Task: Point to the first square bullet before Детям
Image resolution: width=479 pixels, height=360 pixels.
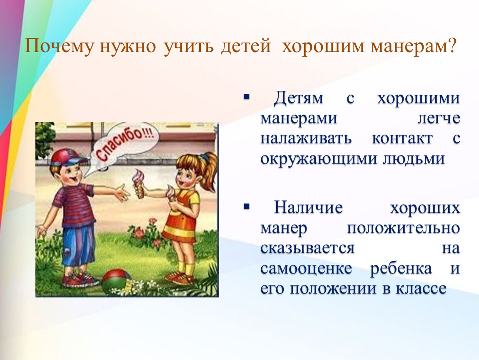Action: point(247,97)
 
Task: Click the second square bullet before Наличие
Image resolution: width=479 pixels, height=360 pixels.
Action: point(247,207)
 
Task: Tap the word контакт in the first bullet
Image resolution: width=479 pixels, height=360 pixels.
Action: point(402,138)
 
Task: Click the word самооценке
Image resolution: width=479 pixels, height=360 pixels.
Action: point(306,269)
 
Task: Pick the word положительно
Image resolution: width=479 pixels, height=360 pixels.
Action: point(403,228)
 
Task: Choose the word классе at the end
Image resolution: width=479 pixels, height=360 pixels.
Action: point(421,289)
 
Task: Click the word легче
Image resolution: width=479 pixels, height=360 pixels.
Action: point(439,119)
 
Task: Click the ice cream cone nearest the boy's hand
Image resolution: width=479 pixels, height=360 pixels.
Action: point(139,183)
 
